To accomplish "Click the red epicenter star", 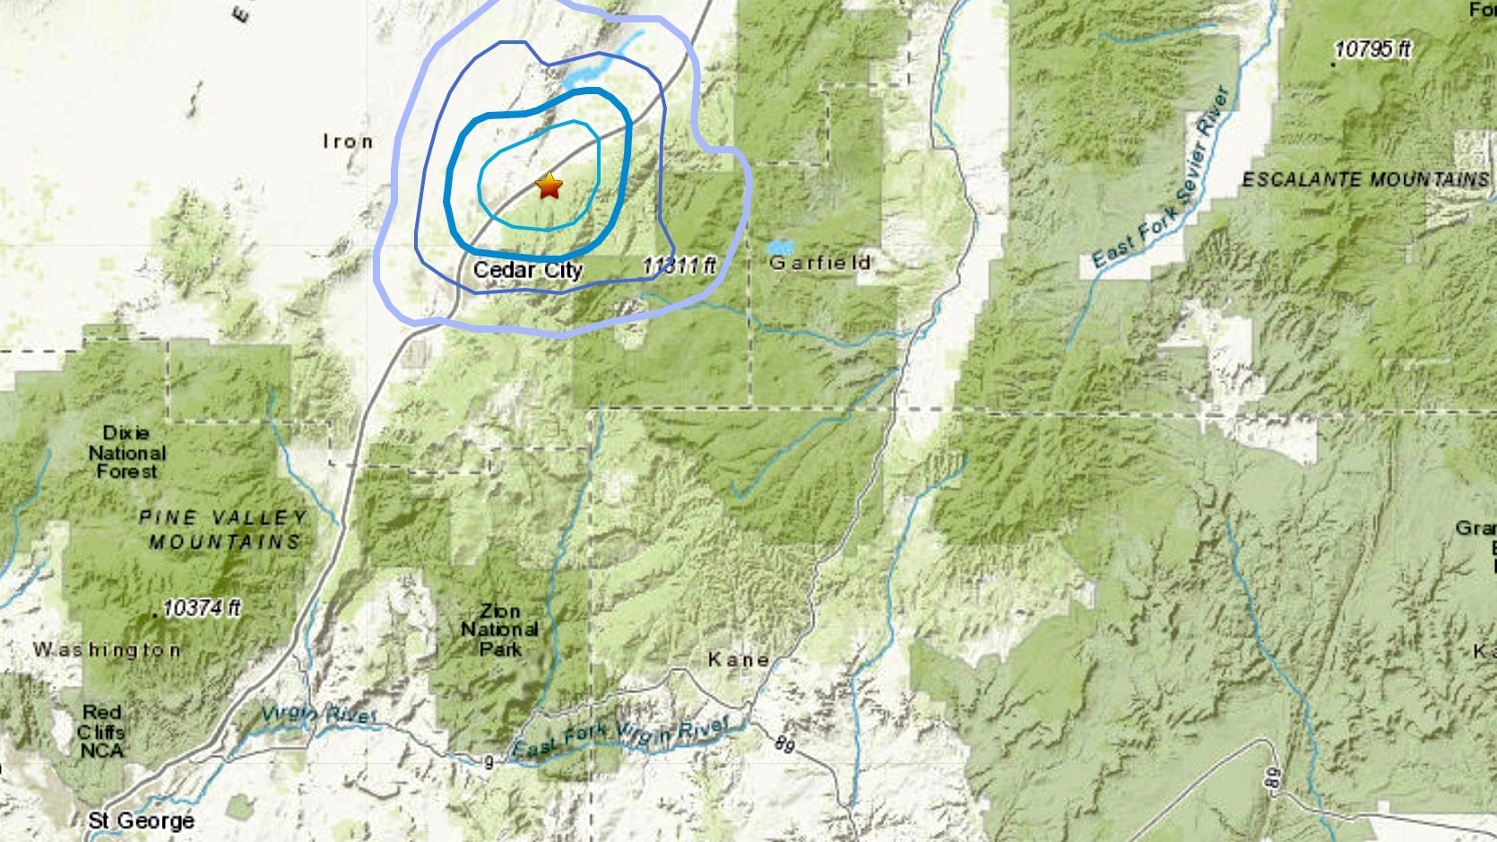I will [549, 187].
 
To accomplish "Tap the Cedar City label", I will [527, 270].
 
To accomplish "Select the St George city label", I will [141, 820].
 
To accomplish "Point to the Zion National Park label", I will [499, 629].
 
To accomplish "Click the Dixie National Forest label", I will [126, 452].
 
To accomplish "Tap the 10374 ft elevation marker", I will [202, 608].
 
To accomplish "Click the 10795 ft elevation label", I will [1372, 49].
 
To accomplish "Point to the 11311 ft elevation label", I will [679, 265].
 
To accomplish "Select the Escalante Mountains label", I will [1364, 179].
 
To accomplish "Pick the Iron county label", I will [348, 142].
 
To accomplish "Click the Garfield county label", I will [819, 263].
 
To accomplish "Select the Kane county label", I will [739, 660].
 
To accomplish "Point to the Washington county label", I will [107, 649].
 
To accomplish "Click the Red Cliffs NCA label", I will [101, 731].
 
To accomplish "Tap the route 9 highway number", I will [489, 763].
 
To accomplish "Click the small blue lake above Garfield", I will [780, 246].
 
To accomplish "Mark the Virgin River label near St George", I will [318, 715].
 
